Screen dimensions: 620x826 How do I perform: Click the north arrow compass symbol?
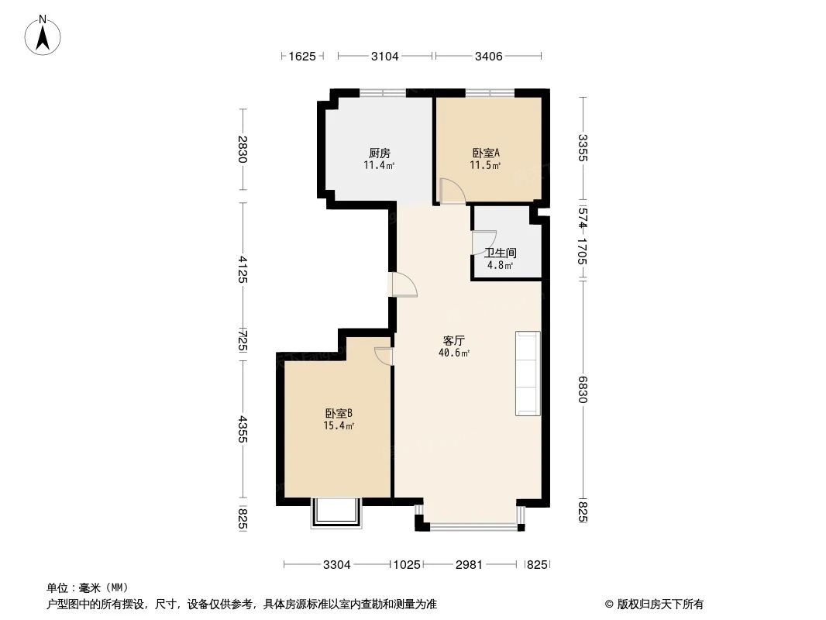tap(43, 34)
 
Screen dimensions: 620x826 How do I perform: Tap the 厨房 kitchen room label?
tap(379, 153)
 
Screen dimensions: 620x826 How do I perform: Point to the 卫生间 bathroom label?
tap(501, 253)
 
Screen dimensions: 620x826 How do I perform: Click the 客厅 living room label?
tap(453, 340)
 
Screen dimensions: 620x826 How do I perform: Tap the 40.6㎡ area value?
tap(453, 353)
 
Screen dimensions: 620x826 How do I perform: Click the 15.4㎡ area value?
tap(339, 425)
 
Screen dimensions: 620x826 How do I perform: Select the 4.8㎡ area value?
tap(500, 265)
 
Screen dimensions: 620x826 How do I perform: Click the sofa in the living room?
tap(528, 374)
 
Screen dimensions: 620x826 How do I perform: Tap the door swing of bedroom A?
tap(450, 191)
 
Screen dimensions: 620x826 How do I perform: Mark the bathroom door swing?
tap(483, 243)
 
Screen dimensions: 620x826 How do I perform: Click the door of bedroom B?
tap(384, 355)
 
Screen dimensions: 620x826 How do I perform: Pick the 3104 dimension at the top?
tap(385, 56)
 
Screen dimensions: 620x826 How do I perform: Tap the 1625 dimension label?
tap(302, 56)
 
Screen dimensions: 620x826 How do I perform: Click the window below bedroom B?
tap(336, 513)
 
